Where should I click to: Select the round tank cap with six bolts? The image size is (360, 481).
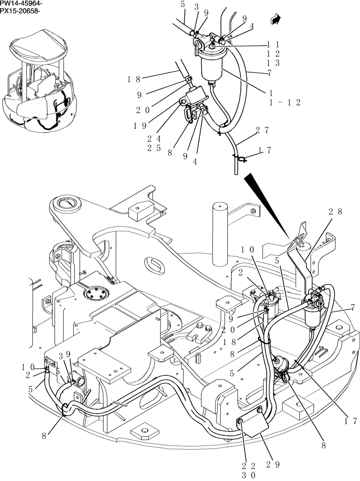93,293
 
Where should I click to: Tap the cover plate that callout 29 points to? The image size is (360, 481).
254,424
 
